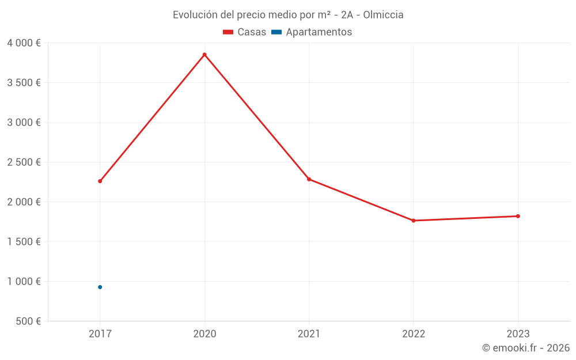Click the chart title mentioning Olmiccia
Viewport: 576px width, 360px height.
[288, 14]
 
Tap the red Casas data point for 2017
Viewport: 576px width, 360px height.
[100, 181]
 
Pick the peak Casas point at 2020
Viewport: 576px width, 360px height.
[204, 55]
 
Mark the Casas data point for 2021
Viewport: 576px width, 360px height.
[309, 179]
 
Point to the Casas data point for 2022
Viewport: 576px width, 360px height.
[414, 221]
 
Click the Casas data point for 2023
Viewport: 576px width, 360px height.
[518, 216]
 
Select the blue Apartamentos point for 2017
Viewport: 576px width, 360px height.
[100, 287]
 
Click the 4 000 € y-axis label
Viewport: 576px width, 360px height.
[24, 43]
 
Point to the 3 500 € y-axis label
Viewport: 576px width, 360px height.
[24, 83]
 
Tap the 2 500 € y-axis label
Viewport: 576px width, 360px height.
[24, 162]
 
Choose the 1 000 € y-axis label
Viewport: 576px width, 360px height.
[24, 282]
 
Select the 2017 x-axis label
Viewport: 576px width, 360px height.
[100, 334]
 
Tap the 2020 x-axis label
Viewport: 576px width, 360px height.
[204, 334]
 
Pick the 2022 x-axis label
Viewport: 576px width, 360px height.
[414, 334]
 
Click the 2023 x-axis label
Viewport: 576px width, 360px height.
[518, 334]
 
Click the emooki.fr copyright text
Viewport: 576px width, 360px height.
[526, 348]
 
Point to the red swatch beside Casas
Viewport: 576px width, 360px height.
[228, 32]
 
